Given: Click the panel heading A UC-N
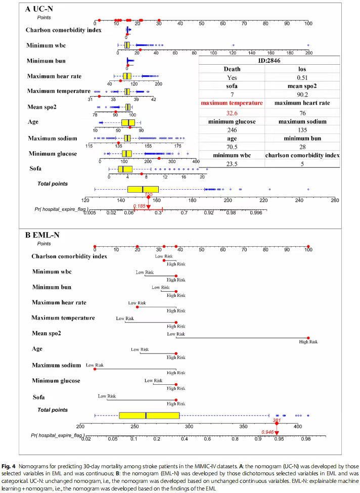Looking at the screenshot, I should [x=39, y=9].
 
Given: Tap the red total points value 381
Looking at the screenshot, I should [x=277, y=420].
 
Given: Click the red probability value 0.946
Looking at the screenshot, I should [x=268, y=432].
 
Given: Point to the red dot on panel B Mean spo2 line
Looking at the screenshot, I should [x=308, y=338].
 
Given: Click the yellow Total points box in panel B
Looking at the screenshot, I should [x=149, y=415].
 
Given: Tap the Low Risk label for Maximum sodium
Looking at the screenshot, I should [x=95, y=365].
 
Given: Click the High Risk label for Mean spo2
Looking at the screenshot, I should [x=308, y=342].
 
